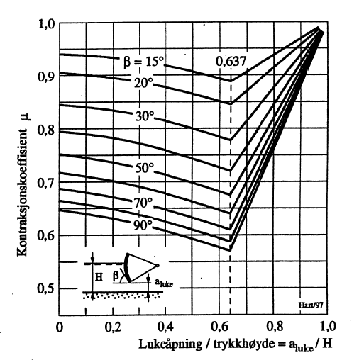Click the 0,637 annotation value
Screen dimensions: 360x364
pos(231,62)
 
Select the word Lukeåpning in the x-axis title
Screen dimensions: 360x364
pos(165,344)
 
